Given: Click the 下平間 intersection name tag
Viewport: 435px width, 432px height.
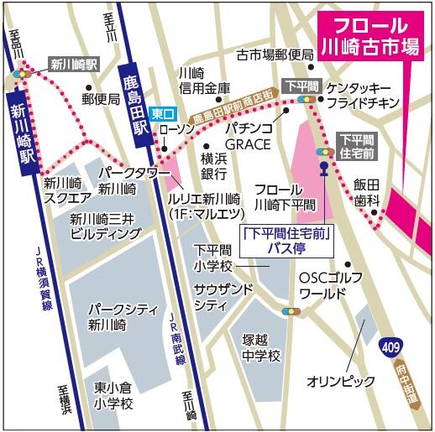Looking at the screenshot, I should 300,86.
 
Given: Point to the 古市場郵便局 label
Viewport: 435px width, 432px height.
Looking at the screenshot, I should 275,55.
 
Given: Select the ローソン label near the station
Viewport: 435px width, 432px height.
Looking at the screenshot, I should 176,129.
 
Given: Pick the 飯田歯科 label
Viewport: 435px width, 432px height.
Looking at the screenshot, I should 367,192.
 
